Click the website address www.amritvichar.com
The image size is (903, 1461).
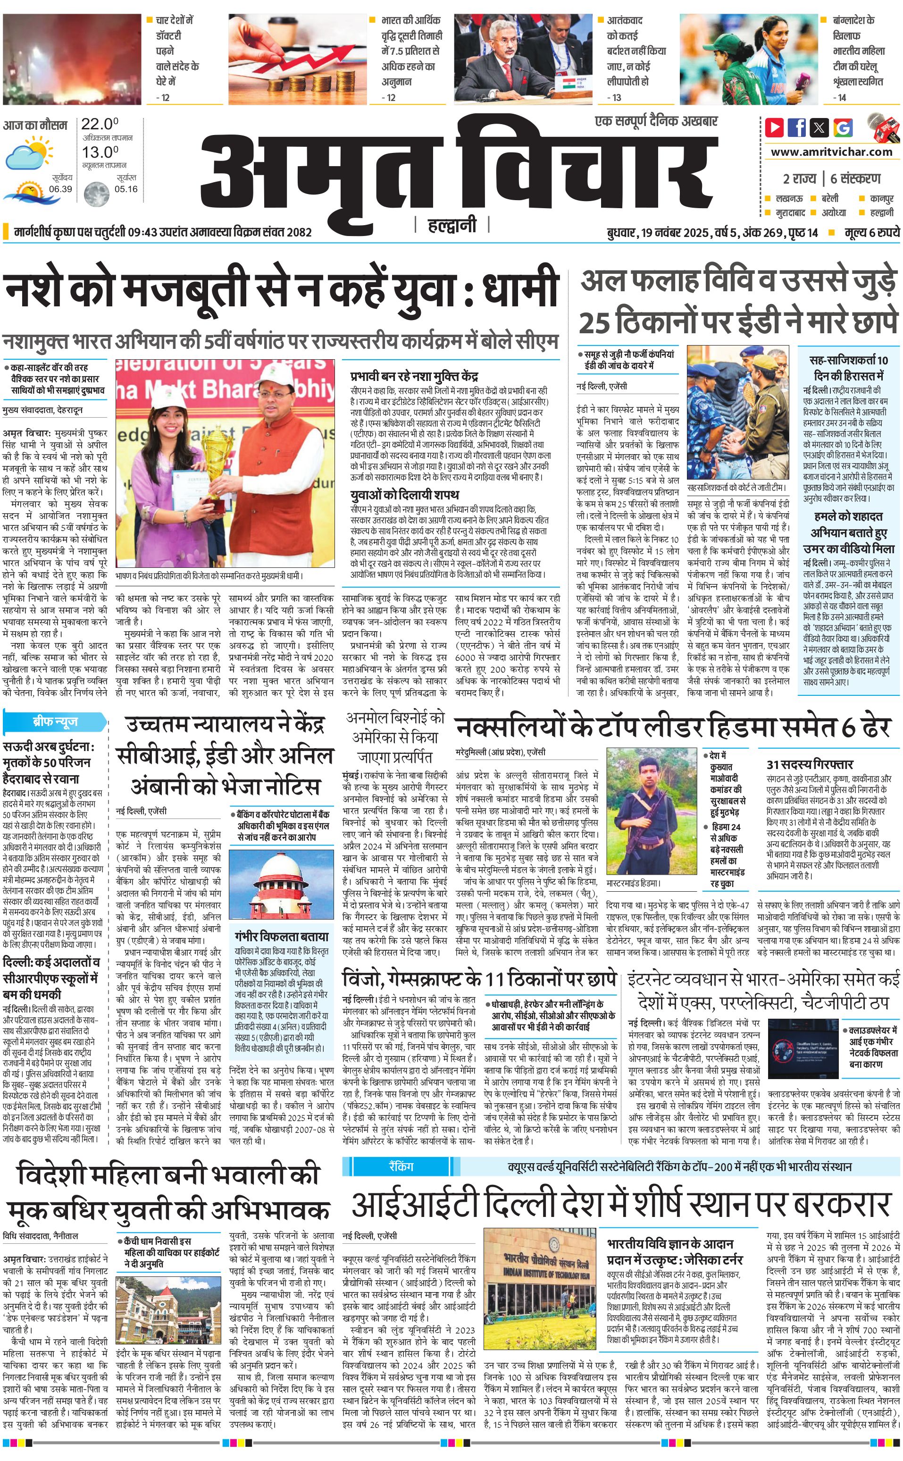831,152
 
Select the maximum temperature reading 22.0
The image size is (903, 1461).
99,124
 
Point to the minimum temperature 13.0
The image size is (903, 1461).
99,152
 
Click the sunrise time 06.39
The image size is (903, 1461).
60,189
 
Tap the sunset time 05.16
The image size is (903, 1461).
126,189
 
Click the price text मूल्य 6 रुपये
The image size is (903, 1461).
871,232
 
